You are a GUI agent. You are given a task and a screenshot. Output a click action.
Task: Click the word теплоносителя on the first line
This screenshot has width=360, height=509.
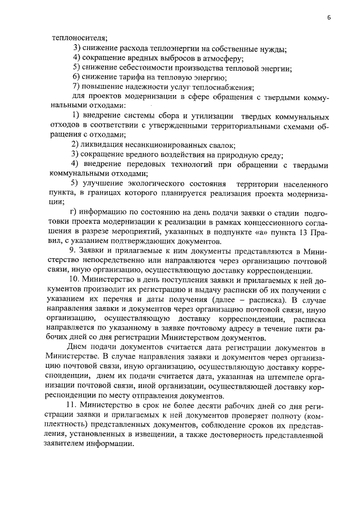[x=75, y=38]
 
